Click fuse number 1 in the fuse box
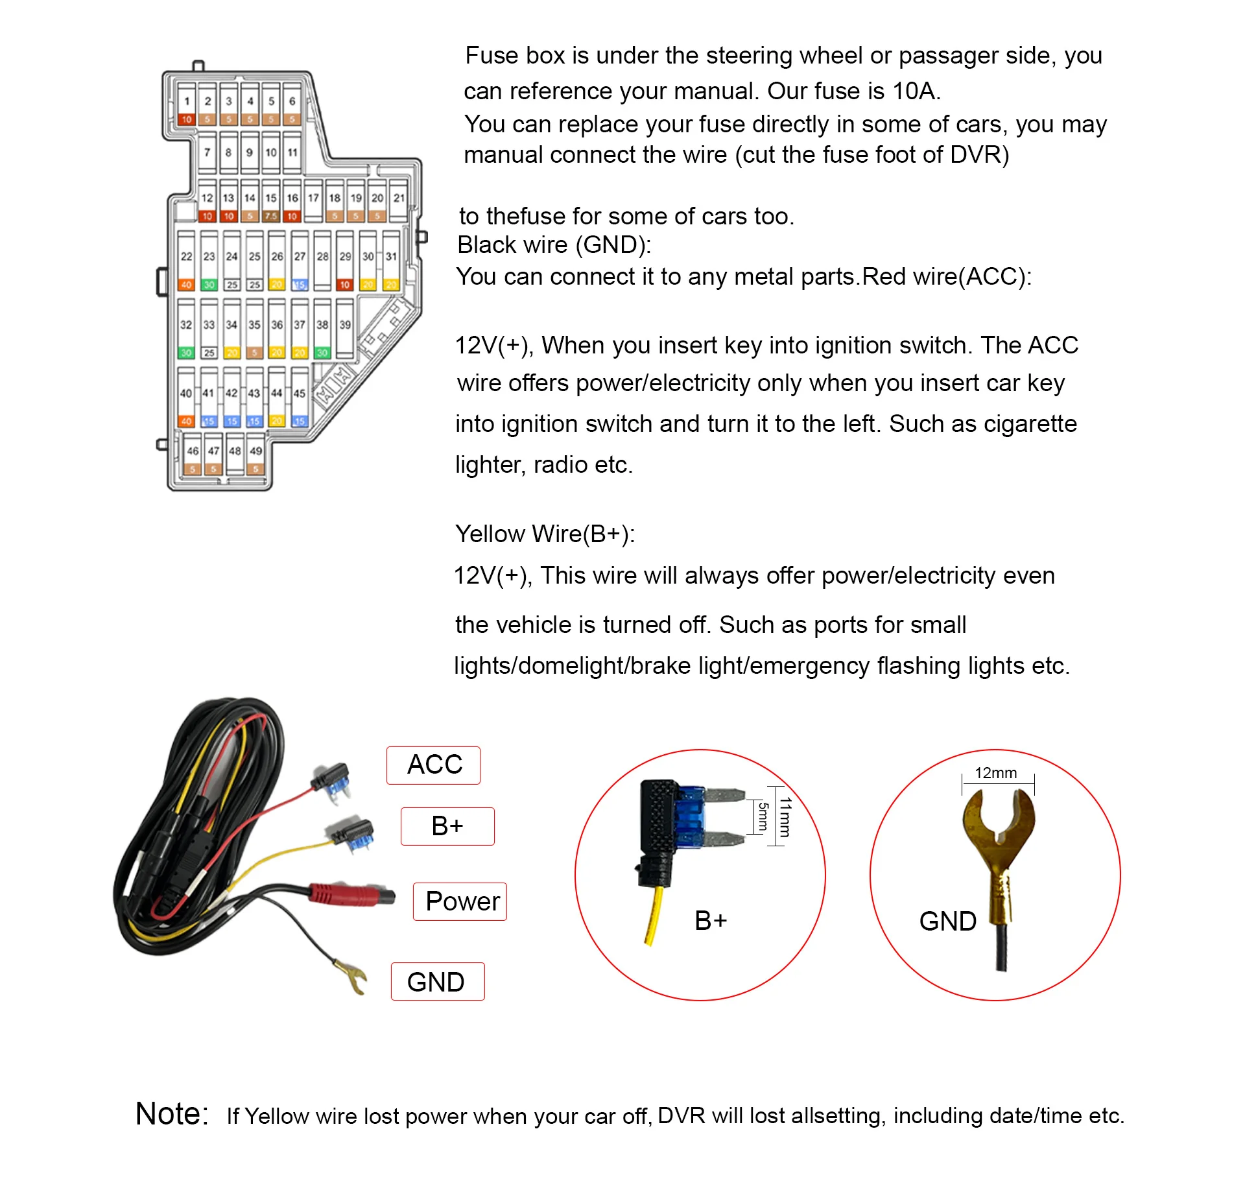click(x=187, y=104)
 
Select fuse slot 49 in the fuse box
click(x=256, y=454)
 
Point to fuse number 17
click(x=314, y=200)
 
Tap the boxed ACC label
click(x=434, y=765)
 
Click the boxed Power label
click(x=460, y=901)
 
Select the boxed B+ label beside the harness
click(x=447, y=826)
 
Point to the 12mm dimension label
click(x=996, y=773)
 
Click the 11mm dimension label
click(x=785, y=817)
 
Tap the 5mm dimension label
click(x=763, y=816)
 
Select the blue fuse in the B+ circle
click(x=691, y=817)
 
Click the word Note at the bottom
click(x=172, y=1114)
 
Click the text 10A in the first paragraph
click(x=915, y=91)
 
